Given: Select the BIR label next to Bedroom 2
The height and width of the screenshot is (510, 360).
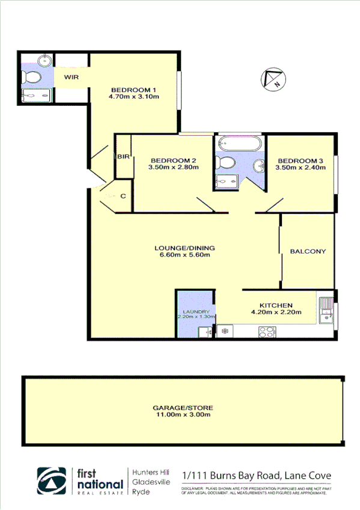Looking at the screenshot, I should pyautogui.click(x=123, y=156).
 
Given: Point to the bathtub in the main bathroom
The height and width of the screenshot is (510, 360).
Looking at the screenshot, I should pyautogui.click(x=239, y=144).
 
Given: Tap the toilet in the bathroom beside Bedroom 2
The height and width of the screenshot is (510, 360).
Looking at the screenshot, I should pyautogui.click(x=227, y=162).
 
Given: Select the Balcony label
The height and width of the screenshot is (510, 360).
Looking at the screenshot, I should pyautogui.click(x=308, y=251).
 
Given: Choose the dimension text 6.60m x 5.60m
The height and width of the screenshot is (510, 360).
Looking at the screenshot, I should pyautogui.click(x=185, y=255).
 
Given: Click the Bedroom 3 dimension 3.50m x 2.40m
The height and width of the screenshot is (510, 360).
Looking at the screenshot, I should pyautogui.click(x=301, y=168).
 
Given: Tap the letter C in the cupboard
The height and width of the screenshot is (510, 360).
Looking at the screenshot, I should pyautogui.click(x=123, y=196).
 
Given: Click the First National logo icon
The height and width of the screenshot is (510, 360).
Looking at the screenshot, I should pyautogui.click(x=52, y=481).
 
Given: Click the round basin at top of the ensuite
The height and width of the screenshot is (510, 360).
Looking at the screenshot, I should pyautogui.click(x=43, y=60).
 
